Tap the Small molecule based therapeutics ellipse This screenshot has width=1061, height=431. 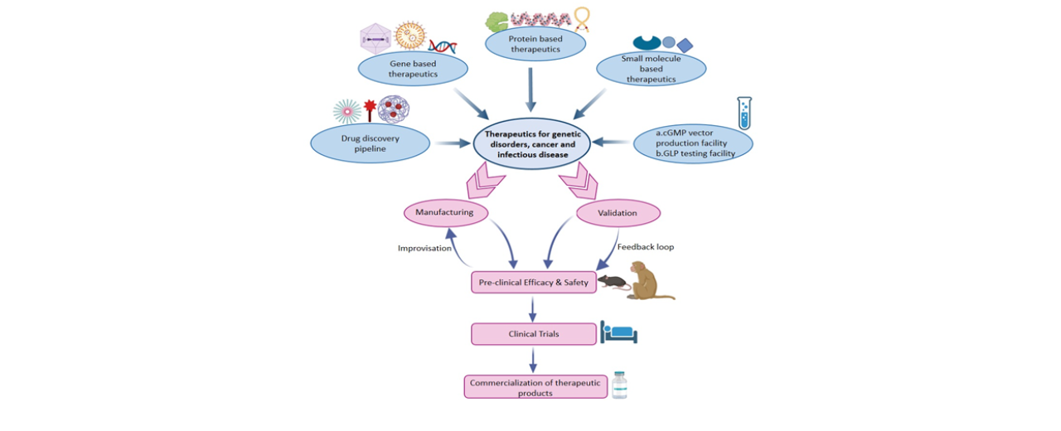[651, 69]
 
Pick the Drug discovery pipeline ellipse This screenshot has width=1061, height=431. [370, 143]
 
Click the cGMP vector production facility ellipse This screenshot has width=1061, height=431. [693, 143]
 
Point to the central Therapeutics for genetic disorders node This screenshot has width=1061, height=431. [531, 143]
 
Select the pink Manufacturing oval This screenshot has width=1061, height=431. [444, 212]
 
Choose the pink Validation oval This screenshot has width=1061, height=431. [618, 213]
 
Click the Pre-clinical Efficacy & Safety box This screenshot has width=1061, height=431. [533, 283]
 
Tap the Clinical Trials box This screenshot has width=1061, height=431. [533, 334]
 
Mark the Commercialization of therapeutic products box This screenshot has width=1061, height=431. [535, 387]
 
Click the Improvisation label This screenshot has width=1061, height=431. [424, 248]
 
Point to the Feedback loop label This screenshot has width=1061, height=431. [646, 247]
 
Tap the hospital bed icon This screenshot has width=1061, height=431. [619, 333]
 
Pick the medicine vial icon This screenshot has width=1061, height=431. [619, 385]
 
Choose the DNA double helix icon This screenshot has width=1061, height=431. [443, 46]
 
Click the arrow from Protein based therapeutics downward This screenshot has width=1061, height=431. [531, 89]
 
